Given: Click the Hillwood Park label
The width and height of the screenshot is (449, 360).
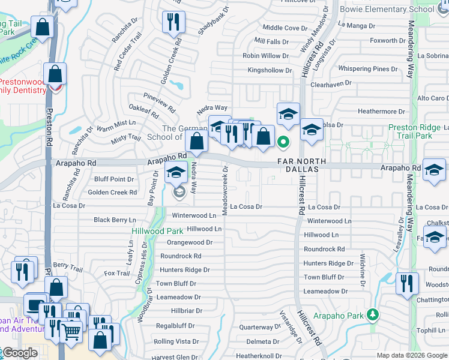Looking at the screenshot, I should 158,230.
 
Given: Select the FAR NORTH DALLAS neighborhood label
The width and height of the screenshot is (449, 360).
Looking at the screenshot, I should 302,166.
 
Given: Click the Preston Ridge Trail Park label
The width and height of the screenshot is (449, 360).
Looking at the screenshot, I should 418,131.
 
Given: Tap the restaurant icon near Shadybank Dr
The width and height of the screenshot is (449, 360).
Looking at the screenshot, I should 173,22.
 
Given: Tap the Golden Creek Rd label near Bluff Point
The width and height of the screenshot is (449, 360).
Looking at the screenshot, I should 113,193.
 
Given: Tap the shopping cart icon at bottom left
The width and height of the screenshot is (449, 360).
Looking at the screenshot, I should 71,330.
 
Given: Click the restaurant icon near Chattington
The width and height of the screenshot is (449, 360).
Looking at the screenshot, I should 408,283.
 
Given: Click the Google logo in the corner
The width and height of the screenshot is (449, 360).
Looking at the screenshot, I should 19,353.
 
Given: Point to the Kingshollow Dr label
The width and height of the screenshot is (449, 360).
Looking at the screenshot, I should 270,70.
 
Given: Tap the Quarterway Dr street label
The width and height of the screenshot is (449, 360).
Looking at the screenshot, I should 256,327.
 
